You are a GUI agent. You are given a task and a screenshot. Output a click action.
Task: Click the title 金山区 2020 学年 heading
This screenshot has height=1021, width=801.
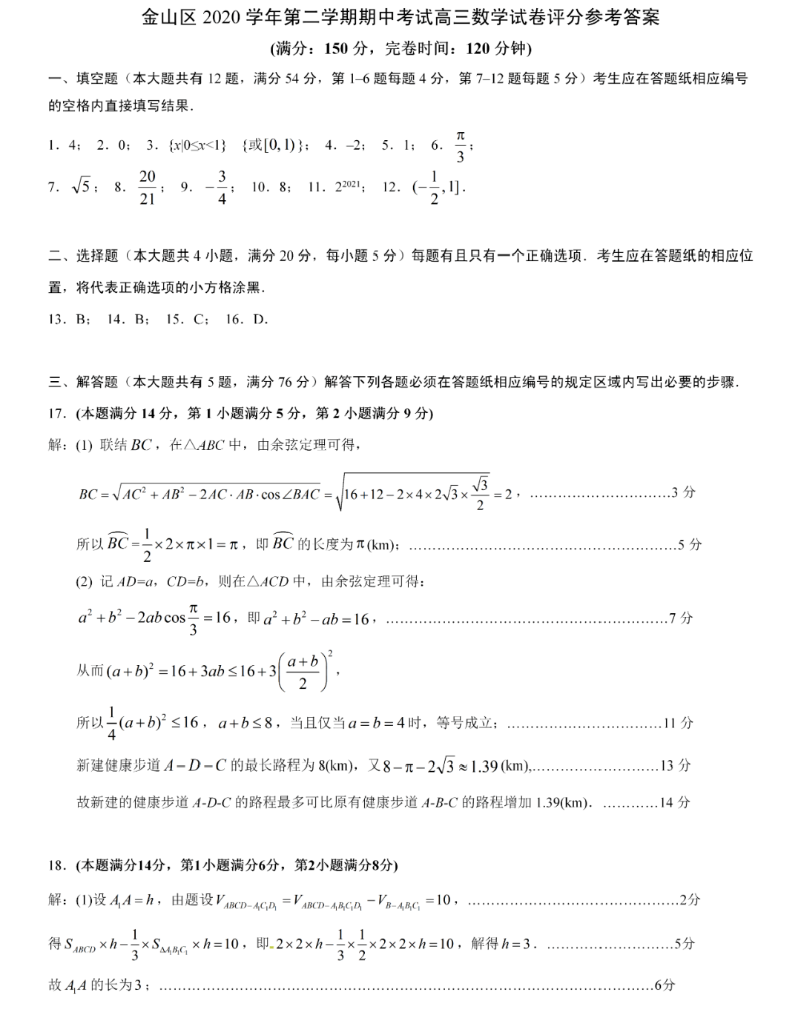400,17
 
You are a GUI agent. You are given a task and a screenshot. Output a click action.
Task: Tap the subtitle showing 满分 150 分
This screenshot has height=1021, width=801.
400,49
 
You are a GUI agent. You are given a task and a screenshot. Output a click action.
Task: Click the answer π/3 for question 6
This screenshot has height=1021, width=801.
460,146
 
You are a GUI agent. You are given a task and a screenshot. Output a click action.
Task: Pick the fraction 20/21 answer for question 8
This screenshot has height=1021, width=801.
148,187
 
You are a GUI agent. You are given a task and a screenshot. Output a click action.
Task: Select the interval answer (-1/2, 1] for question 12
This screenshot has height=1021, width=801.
438,187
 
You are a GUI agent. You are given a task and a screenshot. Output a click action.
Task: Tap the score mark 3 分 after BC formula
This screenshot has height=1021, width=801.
684,492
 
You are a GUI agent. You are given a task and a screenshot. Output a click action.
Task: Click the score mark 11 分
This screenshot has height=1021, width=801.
678,723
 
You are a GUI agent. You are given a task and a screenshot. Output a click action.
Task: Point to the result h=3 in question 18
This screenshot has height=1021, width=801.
519,944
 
